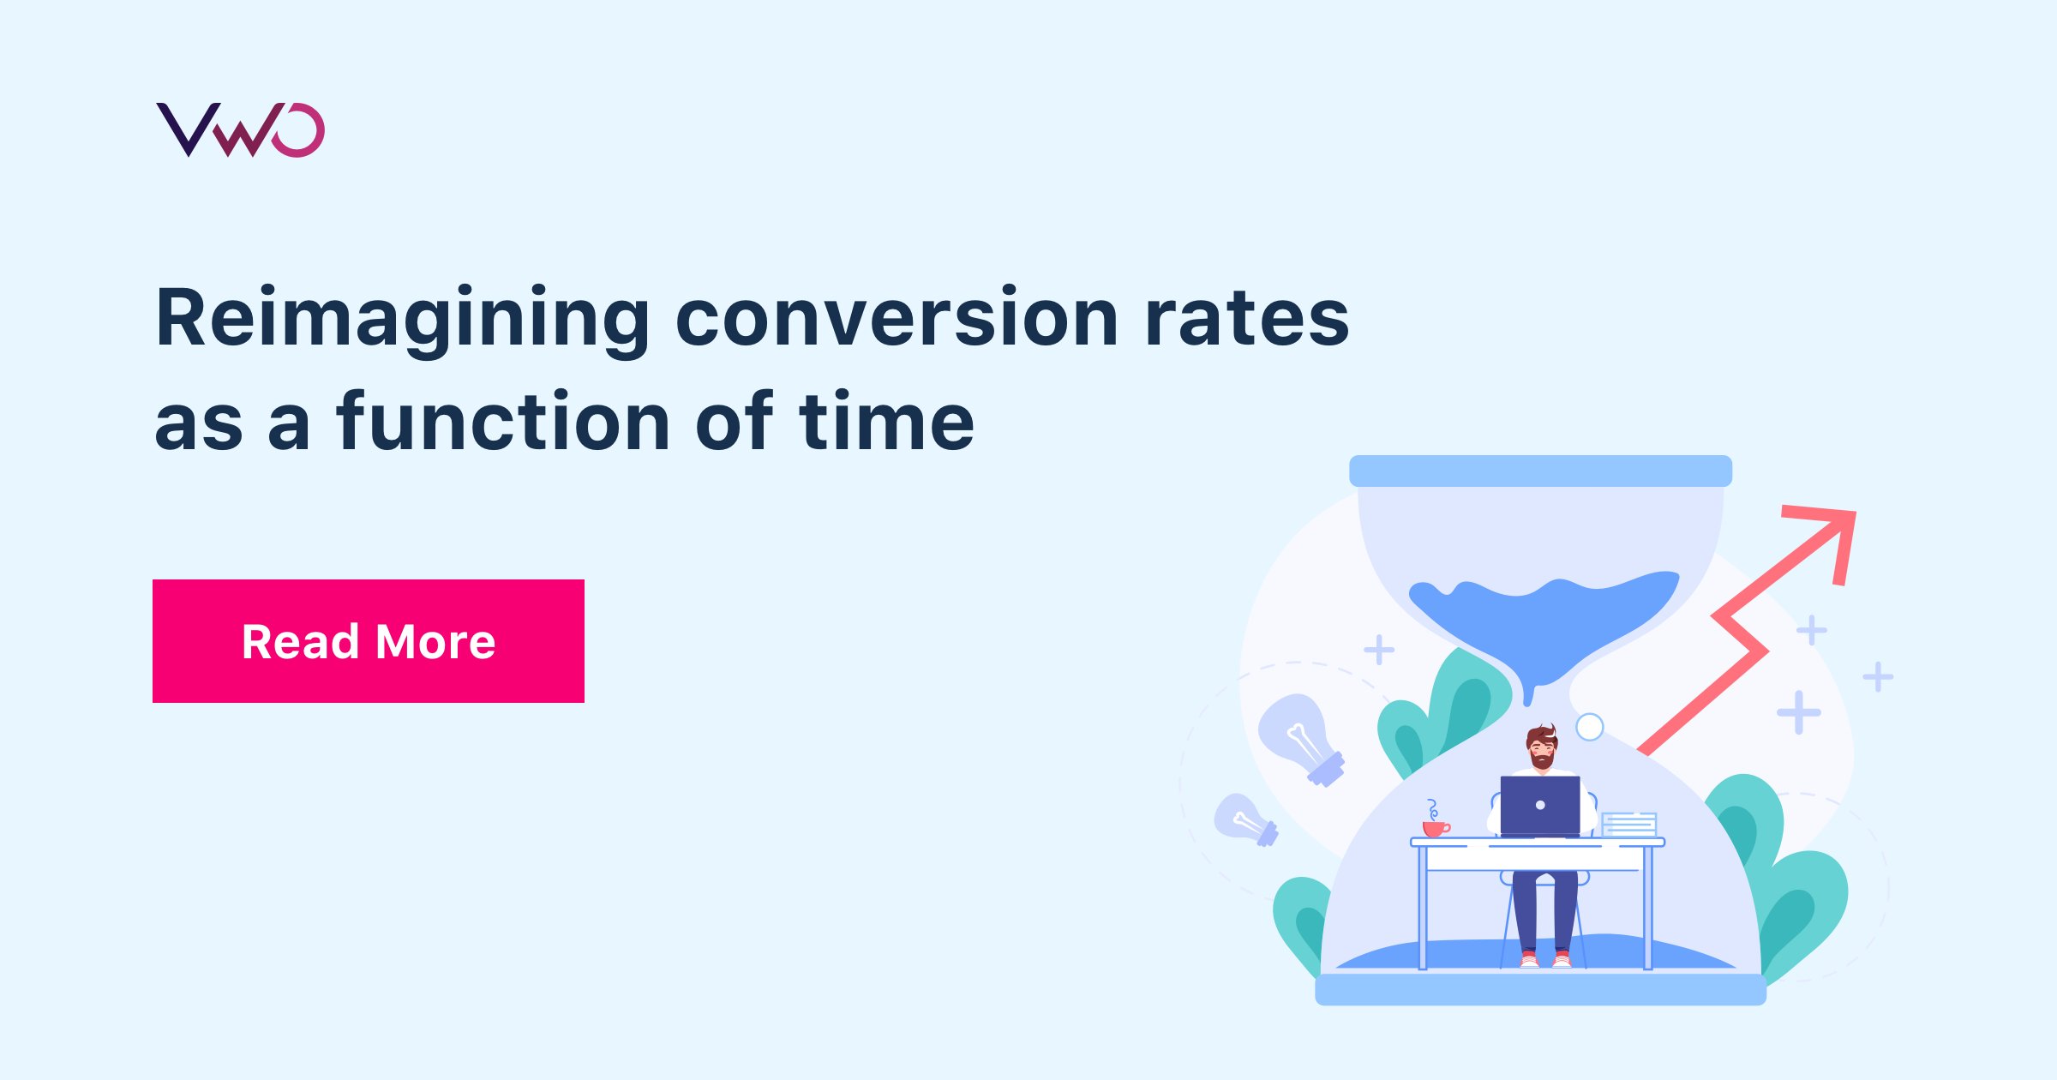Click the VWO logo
pos(240,130)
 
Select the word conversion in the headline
pos(897,319)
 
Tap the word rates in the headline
pos(1247,319)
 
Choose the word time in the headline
pos(886,422)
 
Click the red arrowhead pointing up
pos(1829,537)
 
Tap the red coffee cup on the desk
pos(1435,827)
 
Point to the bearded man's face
pos(1542,749)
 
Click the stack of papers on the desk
pos(1629,825)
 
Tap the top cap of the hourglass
pos(1540,471)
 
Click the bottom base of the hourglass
pos(1540,989)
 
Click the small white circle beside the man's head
pos(1590,727)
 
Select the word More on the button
pos(435,642)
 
